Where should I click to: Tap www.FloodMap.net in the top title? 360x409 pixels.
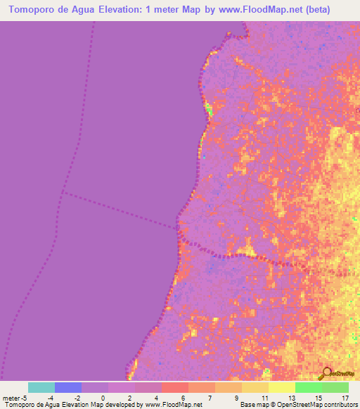(x=256, y=11)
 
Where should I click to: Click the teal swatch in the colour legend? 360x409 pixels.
(x=41, y=387)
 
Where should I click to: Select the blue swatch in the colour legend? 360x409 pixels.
(x=67, y=387)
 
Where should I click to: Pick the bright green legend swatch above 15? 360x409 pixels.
(x=308, y=387)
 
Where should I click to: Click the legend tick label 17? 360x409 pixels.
(x=345, y=398)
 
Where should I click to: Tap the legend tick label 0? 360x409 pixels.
(x=103, y=398)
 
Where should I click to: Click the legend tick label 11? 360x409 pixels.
(x=264, y=398)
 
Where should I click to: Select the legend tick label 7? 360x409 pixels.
(x=210, y=398)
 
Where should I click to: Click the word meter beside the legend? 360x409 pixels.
(x=10, y=398)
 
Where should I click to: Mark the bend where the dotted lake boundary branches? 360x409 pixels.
(x=62, y=192)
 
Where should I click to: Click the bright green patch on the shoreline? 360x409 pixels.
(x=207, y=109)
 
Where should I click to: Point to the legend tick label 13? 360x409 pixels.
(x=291, y=398)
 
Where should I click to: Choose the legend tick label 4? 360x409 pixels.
(x=157, y=398)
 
